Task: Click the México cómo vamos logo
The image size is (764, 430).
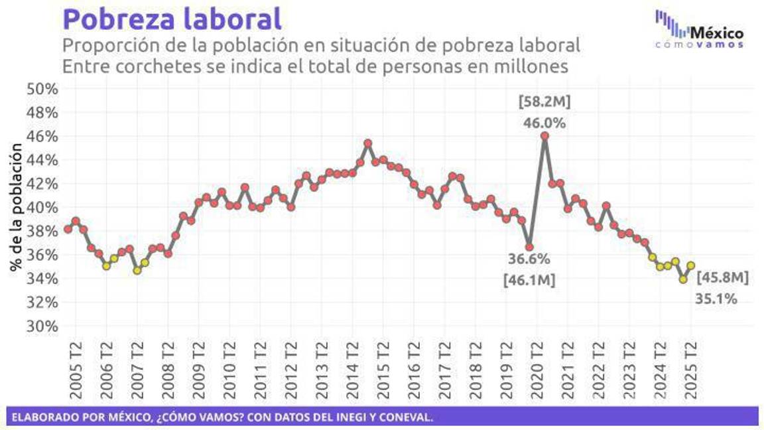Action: tap(699, 29)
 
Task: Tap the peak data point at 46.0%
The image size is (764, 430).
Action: tap(544, 136)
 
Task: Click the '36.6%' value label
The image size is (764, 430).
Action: tap(529, 259)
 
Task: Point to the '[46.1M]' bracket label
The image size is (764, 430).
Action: tap(529, 280)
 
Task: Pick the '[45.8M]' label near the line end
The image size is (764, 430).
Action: tap(722, 277)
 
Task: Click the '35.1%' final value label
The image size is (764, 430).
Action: tap(716, 299)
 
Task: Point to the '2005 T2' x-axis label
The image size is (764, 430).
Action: tap(75, 371)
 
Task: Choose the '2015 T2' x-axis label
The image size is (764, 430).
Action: tap(383, 371)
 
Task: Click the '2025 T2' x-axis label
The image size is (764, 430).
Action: tap(690, 371)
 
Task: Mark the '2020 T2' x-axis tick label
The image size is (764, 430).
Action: tap(537, 371)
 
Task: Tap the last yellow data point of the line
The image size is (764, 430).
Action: tap(690, 265)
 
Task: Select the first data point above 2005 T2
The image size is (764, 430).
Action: tap(68, 229)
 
